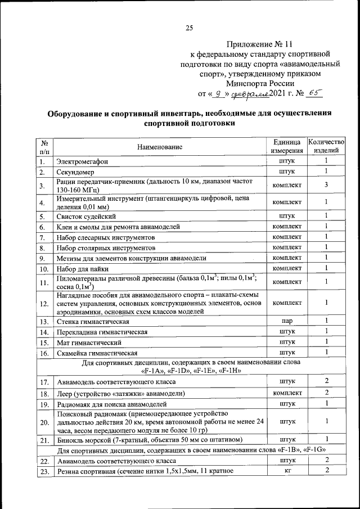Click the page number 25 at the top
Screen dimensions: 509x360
[189, 28]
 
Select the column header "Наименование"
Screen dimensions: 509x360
[160, 147]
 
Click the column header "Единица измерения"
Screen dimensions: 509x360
[287, 146]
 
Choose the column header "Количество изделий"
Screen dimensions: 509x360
[326, 146]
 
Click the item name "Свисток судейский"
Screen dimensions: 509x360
[86, 216]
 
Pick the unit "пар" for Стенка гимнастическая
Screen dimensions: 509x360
[287, 321]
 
